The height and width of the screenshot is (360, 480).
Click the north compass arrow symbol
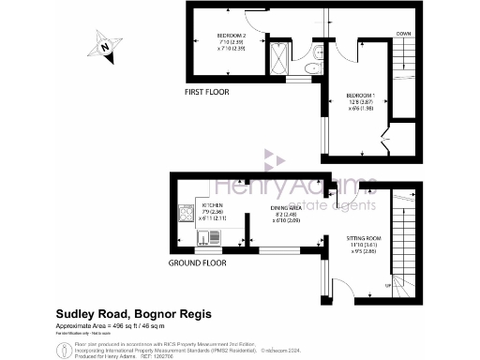[x=106, y=43]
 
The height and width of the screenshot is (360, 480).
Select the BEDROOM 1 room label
[x=360, y=97]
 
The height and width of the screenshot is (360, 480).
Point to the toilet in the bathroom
[x=308, y=67]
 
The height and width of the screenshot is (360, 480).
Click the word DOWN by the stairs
[x=403, y=35]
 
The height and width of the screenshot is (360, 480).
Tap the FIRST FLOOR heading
[x=206, y=91]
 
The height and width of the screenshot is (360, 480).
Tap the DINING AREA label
[x=287, y=209]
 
